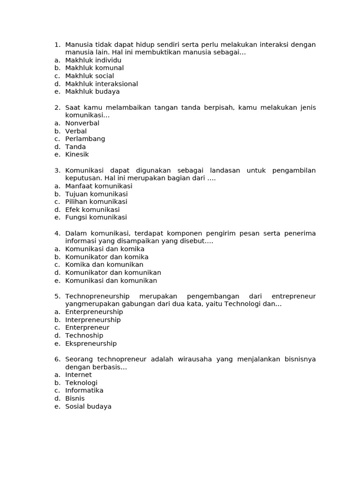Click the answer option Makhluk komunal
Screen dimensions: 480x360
[94, 68]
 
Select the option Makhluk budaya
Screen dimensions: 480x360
[92, 91]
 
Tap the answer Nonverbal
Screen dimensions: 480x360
[82, 123]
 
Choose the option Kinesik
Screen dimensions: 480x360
[77, 154]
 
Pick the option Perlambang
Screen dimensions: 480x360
[85, 139]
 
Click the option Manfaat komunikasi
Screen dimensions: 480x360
[98, 186]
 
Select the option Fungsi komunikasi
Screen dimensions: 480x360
[96, 217]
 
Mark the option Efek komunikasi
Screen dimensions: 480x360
[92, 210]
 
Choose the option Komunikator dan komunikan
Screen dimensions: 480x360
[113, 272]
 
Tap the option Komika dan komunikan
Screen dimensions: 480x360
[104, 265]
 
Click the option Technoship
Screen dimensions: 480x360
[84, 336]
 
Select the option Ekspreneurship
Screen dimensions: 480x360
[91, 344]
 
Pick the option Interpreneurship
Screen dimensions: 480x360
[93, 320]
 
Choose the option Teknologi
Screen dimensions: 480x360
[81, 383]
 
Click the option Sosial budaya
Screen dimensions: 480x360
[88, 406]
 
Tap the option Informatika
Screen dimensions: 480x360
[84, 390]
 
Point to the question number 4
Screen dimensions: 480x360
[57, 233]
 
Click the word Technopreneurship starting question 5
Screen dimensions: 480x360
[97, 296]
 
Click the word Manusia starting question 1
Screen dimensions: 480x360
[78, 45]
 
